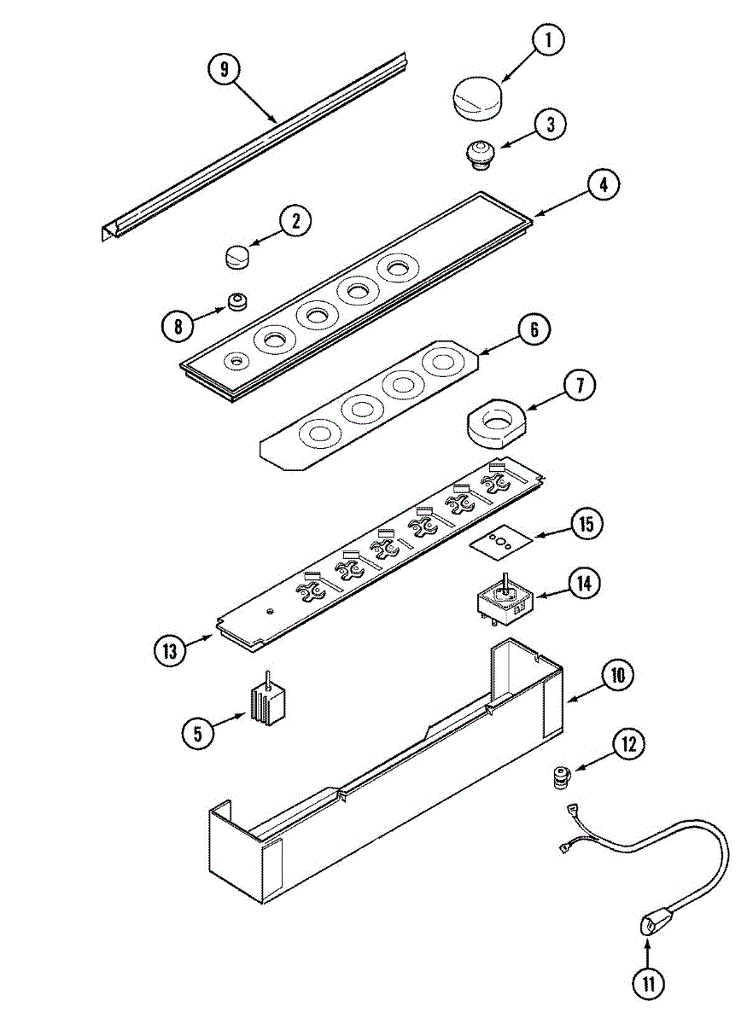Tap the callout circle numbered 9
225,70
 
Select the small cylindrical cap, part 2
236,254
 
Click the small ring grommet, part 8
236,302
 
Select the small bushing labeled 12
560,777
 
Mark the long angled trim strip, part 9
256,149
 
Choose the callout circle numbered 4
603,185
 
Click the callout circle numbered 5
198,733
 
